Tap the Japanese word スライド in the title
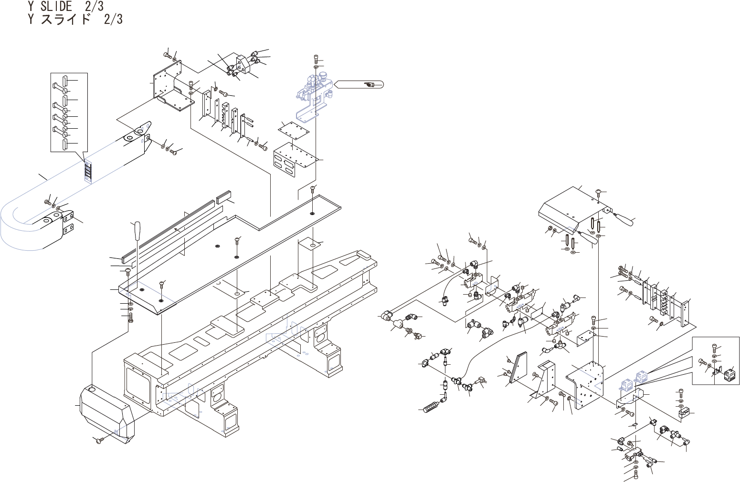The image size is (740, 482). click(x=65, y=19)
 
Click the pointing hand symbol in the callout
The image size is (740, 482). click(x=369, y=85)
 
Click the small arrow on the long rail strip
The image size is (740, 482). click(x=177, y=230)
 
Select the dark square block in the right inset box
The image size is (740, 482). click(x=730, y=377)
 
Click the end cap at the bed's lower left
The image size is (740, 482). click(x=107, y=412)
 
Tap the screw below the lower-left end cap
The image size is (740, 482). click(x=99, y=440)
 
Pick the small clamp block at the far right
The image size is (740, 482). click(x=684, y=413)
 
